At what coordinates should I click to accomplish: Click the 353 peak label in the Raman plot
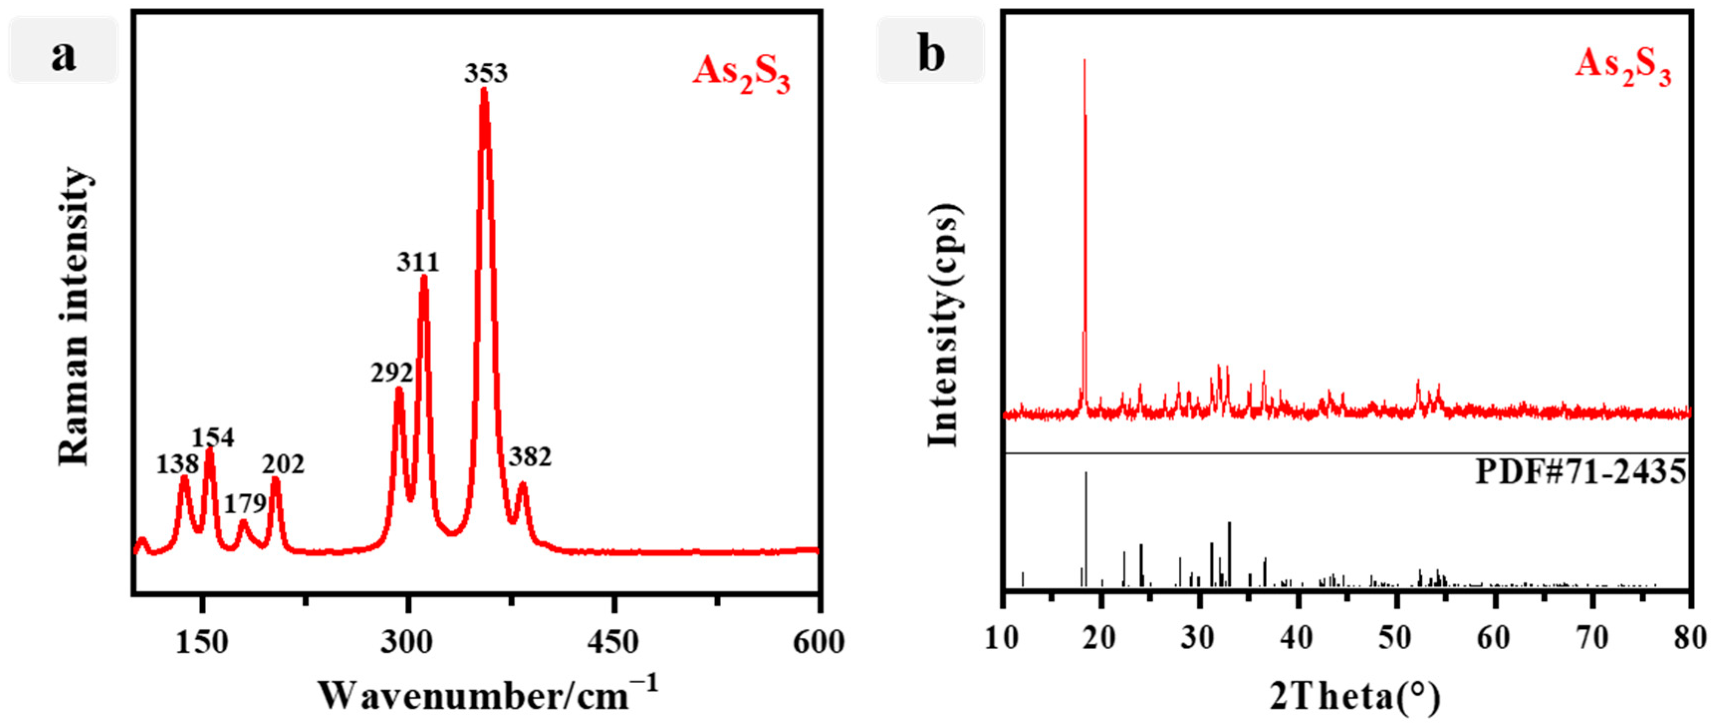click(486, 73)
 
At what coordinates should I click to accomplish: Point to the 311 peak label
click(418, 262)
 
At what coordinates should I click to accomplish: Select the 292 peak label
click(392, 373)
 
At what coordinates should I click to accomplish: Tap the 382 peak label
click(530, 457)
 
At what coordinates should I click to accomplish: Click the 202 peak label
click(283, 464)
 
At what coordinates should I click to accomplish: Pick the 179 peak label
click(245, 504)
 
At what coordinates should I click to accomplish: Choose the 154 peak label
click(213, 437)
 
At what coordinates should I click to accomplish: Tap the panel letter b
click(931, 53)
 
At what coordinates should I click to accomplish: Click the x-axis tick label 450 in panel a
click(612, 642)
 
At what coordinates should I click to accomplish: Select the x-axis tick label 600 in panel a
click(818, 642)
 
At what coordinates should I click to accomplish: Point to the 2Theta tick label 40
click(1296, 638)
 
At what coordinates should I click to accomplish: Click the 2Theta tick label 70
click(1592, 638)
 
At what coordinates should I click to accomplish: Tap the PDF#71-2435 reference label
click(1581, 473)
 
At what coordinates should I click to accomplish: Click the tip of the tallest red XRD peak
click(1084, 60)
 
